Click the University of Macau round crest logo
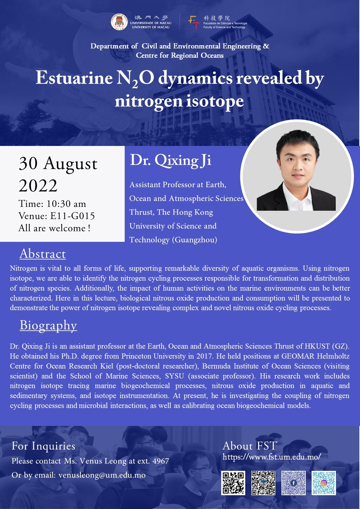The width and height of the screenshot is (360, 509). tap(119, 22)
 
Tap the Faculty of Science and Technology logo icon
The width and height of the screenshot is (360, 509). tap(194, 22)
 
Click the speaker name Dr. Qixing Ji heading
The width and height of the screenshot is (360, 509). tap(171, 161)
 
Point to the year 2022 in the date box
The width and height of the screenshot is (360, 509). tap(38, 185)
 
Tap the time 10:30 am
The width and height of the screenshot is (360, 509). tap(66, 204)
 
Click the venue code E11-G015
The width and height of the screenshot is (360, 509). tap(72, 216)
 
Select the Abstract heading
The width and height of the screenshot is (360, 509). tap(43, 254)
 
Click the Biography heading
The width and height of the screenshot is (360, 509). tap(48, 326)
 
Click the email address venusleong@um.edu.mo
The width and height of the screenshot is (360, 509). tap(102, 475)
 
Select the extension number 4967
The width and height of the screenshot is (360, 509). tap(161, 461)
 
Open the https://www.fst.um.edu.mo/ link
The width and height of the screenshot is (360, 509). tap(272, 457)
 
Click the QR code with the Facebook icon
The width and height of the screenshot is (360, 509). tap(293, 483)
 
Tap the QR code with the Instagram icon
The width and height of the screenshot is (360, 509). tap(324, 483)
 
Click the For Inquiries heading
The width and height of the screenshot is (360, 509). tap(43, 446)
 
